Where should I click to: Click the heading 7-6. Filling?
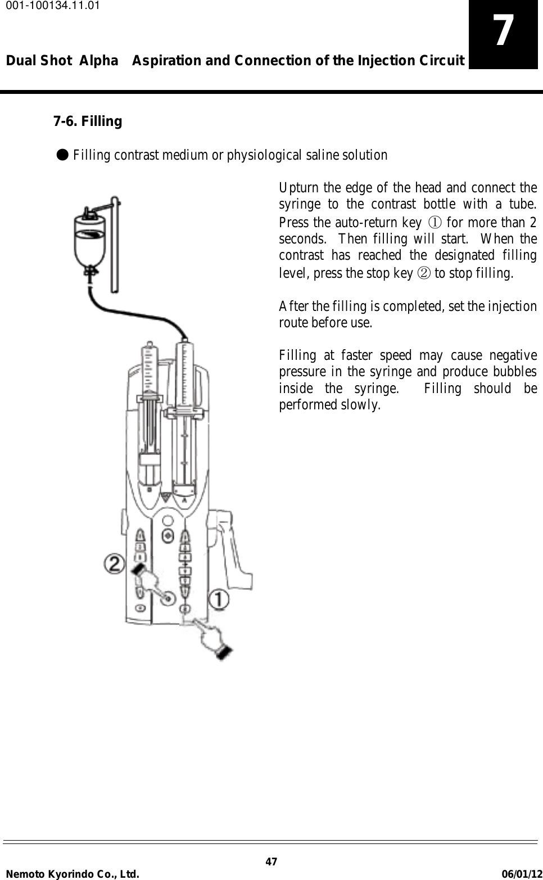coord(87,121)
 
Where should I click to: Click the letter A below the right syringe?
coord(185,497)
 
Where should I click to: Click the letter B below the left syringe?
coord(150,490)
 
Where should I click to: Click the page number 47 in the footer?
coord(271,862)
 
